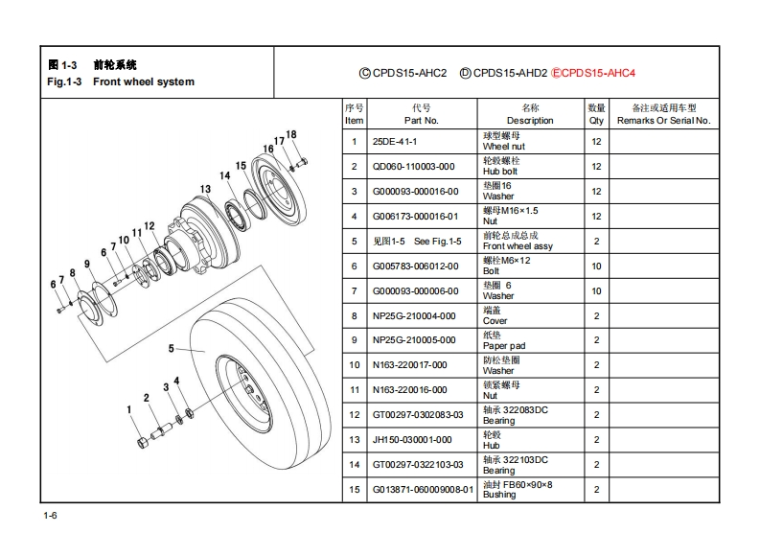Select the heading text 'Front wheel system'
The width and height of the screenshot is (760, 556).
[x=144, y=82]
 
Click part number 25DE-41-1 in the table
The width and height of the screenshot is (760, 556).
[x=395, y=142]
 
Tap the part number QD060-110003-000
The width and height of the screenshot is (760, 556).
[x=414, y=167]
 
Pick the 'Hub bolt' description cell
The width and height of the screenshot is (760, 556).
[x=504, y=167]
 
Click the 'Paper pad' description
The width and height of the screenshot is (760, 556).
[x=504, y=340]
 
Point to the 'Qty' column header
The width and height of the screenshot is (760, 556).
[x=596, y=121]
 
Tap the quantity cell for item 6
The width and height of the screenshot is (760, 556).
[x=596, y=266]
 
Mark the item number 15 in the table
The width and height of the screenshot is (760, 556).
[x=354, y=490]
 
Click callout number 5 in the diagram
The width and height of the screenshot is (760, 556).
[x=171, y=348]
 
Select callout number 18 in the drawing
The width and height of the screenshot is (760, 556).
[x=291, y=134]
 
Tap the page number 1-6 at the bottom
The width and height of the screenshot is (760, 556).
[x=50, y=518]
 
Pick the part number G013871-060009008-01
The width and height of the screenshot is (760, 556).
[x=423, y=490]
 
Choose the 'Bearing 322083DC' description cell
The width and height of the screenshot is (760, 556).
[x=516, y=415]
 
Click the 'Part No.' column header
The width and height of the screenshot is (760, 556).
[x=421, y=121]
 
